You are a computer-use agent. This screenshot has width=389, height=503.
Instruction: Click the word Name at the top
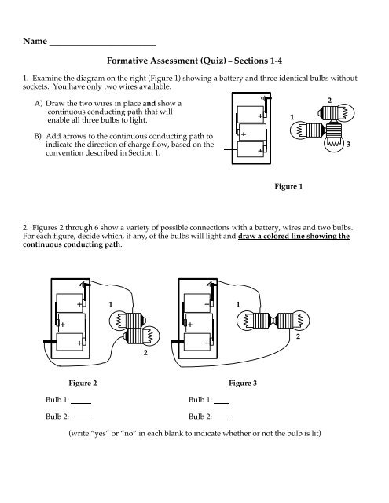(35, 41)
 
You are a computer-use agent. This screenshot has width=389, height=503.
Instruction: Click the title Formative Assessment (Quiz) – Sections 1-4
(194, 61)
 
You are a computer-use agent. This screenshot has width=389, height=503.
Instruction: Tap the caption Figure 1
(288, 186)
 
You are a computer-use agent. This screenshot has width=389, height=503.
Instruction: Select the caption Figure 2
(83, 383)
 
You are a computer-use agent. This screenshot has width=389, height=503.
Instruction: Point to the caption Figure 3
(243, 383)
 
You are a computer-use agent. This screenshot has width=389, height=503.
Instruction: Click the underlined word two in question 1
(110, 86)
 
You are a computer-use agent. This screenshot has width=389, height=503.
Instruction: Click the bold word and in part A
(149, 104)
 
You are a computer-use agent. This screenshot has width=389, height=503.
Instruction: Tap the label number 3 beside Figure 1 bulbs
(348, 145)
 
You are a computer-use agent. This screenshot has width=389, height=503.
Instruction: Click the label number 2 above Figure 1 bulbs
(329, 101)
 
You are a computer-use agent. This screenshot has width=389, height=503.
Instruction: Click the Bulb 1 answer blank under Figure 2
(81, 403)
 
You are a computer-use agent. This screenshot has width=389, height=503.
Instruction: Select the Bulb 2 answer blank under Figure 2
(81, 420)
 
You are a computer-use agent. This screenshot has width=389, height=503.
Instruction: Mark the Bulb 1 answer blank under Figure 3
(222, 403)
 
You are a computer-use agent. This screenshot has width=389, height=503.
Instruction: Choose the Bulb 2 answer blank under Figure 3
(222, 420)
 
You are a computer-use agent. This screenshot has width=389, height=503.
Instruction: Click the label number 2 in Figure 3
(298, 336)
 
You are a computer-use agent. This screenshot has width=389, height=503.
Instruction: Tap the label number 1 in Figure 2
(111, 304)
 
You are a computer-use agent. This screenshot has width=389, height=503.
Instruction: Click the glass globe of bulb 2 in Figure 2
(152, 336)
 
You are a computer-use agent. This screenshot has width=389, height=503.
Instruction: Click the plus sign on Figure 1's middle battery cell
(244, 134)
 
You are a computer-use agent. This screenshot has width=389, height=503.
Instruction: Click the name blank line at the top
(103, 46)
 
